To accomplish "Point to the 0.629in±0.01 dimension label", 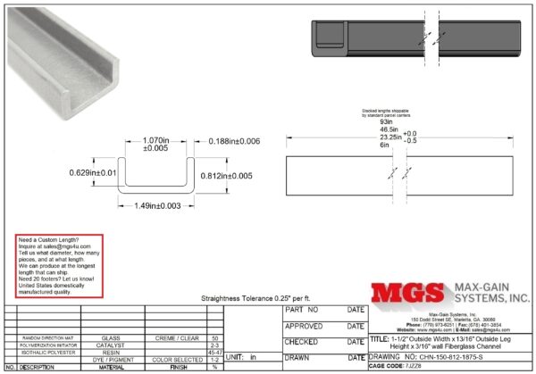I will click(92, 173).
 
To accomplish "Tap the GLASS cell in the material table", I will click(112, 338).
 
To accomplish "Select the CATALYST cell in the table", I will click(112, 345).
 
